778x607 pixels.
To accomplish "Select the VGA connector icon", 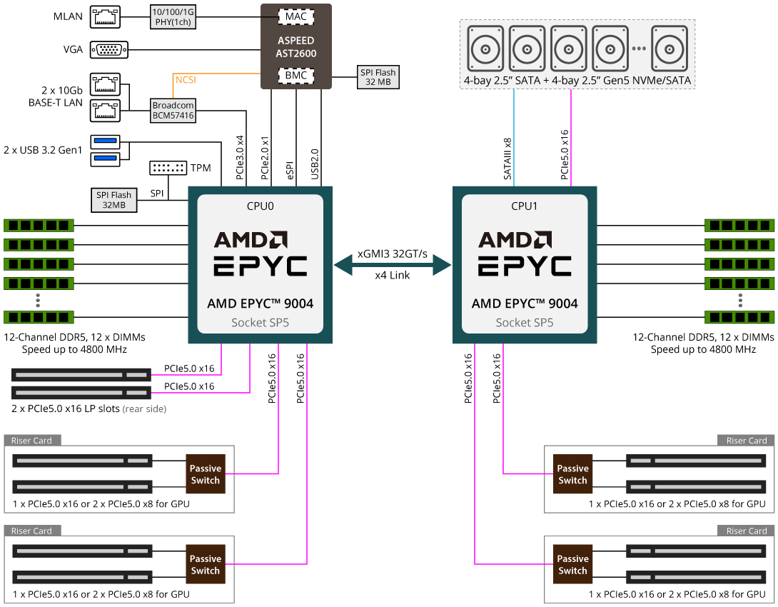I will (x=109, y=49).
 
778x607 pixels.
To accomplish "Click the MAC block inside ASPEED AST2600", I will (x=295, y=16).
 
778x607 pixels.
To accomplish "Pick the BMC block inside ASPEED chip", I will (x=295, y=74).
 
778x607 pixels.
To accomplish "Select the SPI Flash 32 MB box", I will (x=378, y=77).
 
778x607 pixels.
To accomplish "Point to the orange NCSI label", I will (x=186, y=80).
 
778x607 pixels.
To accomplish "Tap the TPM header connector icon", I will (x=168, y=168).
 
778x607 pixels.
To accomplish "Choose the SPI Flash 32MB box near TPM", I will (x=114, y=200).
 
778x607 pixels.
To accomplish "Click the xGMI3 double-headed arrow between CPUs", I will (x=393, y=266).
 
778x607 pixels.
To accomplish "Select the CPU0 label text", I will (x=260, y=206).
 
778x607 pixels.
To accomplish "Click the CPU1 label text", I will (x=524, y=206).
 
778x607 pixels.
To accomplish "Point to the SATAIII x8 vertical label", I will (x=508, y=158).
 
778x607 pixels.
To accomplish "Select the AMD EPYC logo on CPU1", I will (x=524, y=254).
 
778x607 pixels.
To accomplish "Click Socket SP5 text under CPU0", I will (x=260, y=323).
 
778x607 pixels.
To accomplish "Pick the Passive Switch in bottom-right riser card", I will (x=572, y=564).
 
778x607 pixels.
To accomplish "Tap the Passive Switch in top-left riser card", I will (x=206, y=474).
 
